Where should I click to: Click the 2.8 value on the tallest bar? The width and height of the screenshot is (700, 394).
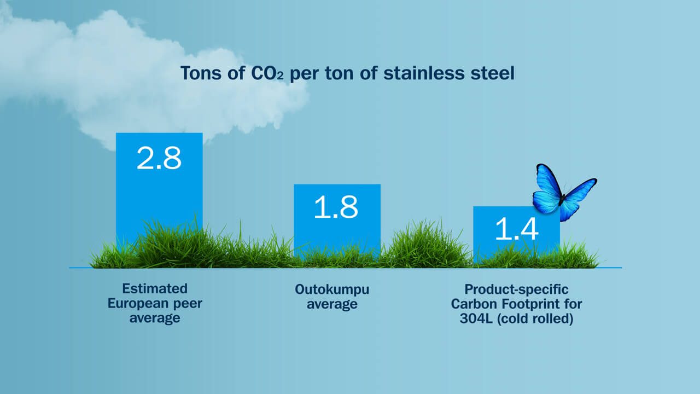tap(159, 158)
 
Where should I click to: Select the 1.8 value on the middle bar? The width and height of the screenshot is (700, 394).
tap(336, 207)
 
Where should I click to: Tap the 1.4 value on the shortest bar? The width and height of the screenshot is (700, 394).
tap(516, 229)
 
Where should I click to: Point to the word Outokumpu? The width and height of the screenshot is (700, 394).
tap(332, 289)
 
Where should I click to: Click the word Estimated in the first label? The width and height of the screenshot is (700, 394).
tap(155, 288)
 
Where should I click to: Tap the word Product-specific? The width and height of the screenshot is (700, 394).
tap(516, 289)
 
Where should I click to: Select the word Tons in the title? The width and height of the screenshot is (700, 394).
tap(200, 73)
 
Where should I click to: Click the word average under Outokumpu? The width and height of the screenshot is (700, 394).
tap(332, 304)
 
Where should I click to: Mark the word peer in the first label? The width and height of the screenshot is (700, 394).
tap(188, 303)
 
